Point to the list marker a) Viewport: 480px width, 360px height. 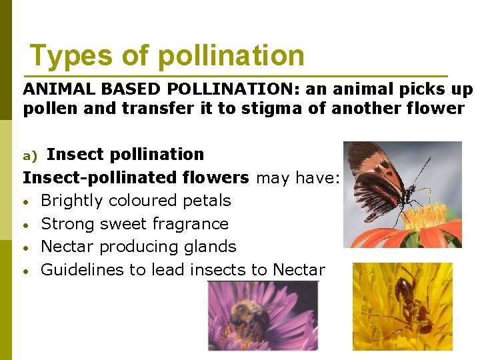31,155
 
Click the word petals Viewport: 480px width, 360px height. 207,201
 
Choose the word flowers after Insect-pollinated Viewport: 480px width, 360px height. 217,177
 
